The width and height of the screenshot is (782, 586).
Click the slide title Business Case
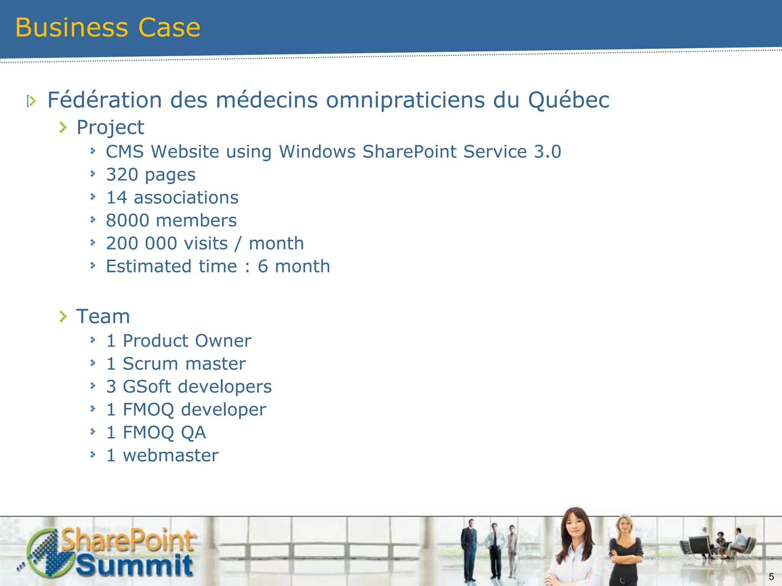pyautogui.click(x=108, y=27)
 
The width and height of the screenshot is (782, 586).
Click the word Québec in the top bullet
pyautogui.click(x=569, y=100)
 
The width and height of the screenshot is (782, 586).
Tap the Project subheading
pyautogui.click(x=110, y=127)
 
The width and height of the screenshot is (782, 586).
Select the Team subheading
pyautogui.click(x=103, y=317)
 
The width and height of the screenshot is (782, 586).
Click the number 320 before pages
pyautogui.click(x=122, y=175)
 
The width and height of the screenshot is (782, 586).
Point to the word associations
pyautogui.click(x=186, y=198)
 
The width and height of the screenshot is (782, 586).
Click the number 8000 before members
pyautogui.click(x=128, y=221)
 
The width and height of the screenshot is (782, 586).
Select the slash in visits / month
pyautogui.click(x=238, y=244)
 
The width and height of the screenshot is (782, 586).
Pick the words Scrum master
pyautogui.click(x=184, y=364)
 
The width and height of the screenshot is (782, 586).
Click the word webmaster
pyautogui.click(x=171, y=456)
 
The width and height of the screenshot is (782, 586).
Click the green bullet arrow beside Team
pyautogui.click(x=63, y=316)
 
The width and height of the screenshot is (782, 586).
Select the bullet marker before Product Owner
pyautogui.click(x=93, y=340)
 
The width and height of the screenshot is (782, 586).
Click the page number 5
pyautogui.click(x=771, y=576)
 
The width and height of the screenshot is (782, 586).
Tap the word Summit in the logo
pyautogui.click(x=134, y=565)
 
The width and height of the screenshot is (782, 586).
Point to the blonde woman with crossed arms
pyautogui.click(x=625, y=549)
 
